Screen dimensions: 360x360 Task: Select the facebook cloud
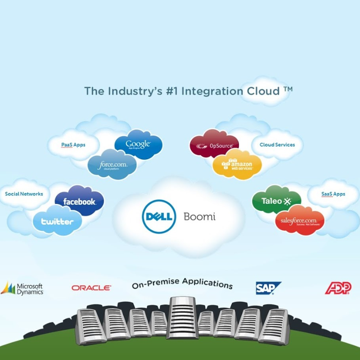[79, 201]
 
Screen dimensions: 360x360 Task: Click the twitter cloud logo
[57, 221]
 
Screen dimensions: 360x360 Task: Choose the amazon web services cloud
[237, 166]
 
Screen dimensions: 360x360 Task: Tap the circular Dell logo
[159, 216]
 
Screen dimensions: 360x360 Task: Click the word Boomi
[199, 216]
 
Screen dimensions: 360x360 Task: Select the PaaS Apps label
[73, 145]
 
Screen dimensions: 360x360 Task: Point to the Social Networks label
[24, 194]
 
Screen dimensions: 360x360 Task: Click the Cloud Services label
[277, 145]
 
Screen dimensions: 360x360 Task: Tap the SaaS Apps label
[333, 194]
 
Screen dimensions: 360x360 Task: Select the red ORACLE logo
[91, 288]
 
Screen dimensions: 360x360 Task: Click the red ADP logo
[338, 288]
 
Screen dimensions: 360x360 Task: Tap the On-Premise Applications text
[182, 283]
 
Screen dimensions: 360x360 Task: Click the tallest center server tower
[182, 317]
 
